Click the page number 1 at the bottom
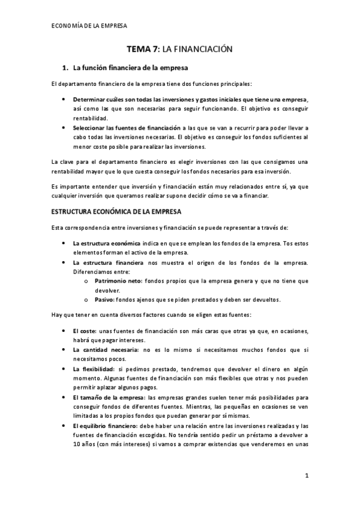pyautogui.click(x=306, y=477)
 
